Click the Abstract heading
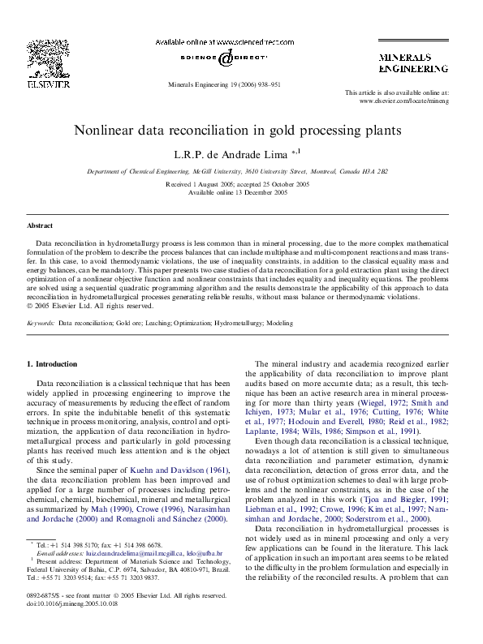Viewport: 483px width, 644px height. (x=40, y=225)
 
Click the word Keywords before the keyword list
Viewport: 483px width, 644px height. (x=41, y=323)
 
